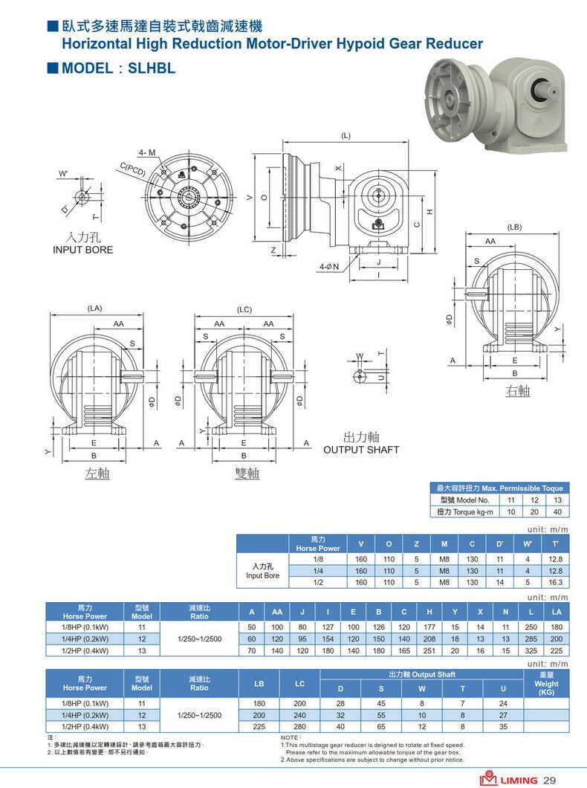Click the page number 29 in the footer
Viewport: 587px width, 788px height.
[x=550, y=780]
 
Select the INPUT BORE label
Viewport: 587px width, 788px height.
[x=83, y=250]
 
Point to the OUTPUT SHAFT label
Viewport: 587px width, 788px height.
[x=361, y=450]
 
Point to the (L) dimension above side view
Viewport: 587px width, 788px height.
[x=346, y=136]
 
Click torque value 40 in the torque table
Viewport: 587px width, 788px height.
[x=557, y=512]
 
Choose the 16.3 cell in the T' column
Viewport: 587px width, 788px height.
[x=555, y=583]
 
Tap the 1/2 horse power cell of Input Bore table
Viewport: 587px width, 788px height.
[x=318, y=583]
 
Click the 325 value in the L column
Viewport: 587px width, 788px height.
[x=531, y=651]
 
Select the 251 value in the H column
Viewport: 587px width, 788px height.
[x=429, y=651]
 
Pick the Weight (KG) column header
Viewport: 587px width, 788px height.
[x=546, y=683]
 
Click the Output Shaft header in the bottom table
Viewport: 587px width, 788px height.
[x=421, y=674]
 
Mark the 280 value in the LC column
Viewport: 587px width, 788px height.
[x=299, y=726]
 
